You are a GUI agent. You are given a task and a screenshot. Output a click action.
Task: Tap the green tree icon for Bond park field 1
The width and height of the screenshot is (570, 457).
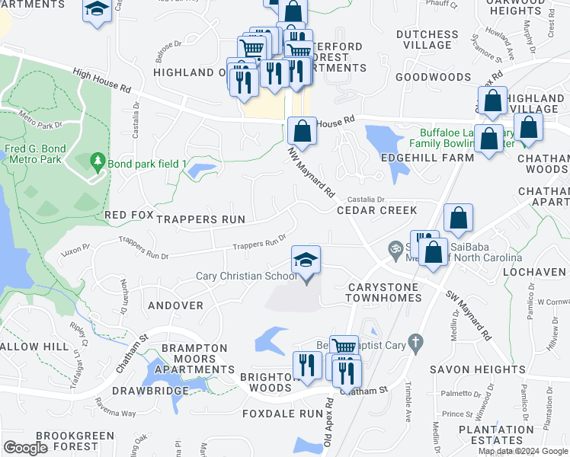click(x=97, y=161)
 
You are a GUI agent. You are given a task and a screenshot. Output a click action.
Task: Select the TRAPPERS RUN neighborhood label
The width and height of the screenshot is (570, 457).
click(x=200, y=219)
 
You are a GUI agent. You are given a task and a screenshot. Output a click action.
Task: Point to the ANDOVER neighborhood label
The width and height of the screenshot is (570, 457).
click(x=176, y=305)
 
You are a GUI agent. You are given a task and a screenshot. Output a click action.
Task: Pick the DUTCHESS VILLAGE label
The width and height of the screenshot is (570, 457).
click(x=427, y=40)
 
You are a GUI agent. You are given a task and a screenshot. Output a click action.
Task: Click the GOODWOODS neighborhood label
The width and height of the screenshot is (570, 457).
click(x=433, y=77)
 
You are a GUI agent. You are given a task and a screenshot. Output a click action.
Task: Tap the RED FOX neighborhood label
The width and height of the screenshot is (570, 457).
click(x=130, y=216)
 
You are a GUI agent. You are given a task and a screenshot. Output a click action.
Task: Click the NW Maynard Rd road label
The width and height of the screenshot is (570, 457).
click(x=312, y=173)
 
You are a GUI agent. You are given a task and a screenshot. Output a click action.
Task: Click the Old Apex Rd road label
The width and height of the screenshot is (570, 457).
click(x=328, y=422)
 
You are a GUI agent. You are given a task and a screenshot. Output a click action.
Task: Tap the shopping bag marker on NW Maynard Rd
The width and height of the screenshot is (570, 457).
click(x=303, y=132)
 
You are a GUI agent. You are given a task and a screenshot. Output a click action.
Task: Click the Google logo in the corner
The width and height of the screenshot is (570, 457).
click(x=26, y=448)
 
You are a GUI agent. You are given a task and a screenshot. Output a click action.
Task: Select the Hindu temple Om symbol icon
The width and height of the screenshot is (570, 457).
click(x=395, y=248)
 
